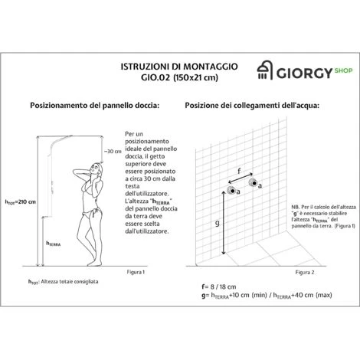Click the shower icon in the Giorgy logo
tap(264, 70)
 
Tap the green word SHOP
tap(343, 70)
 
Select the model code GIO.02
tap(155, 77)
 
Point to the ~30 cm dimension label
tap(113, 151)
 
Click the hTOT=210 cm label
tap(21, 202)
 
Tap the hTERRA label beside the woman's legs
tap(54, 244)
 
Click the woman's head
tap(97, 169)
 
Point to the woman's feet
tap(94, 263)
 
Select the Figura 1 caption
tap(136, 272)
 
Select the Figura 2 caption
tap(305, 273)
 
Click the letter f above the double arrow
tap(239, 171)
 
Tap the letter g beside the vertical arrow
tap(218, 224)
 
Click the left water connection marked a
tap(232, 191)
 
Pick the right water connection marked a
tap(254, 183)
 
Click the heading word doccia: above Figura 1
tap(147, 105)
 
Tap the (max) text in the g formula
tap(324, 295)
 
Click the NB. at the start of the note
tap(296, 207)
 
